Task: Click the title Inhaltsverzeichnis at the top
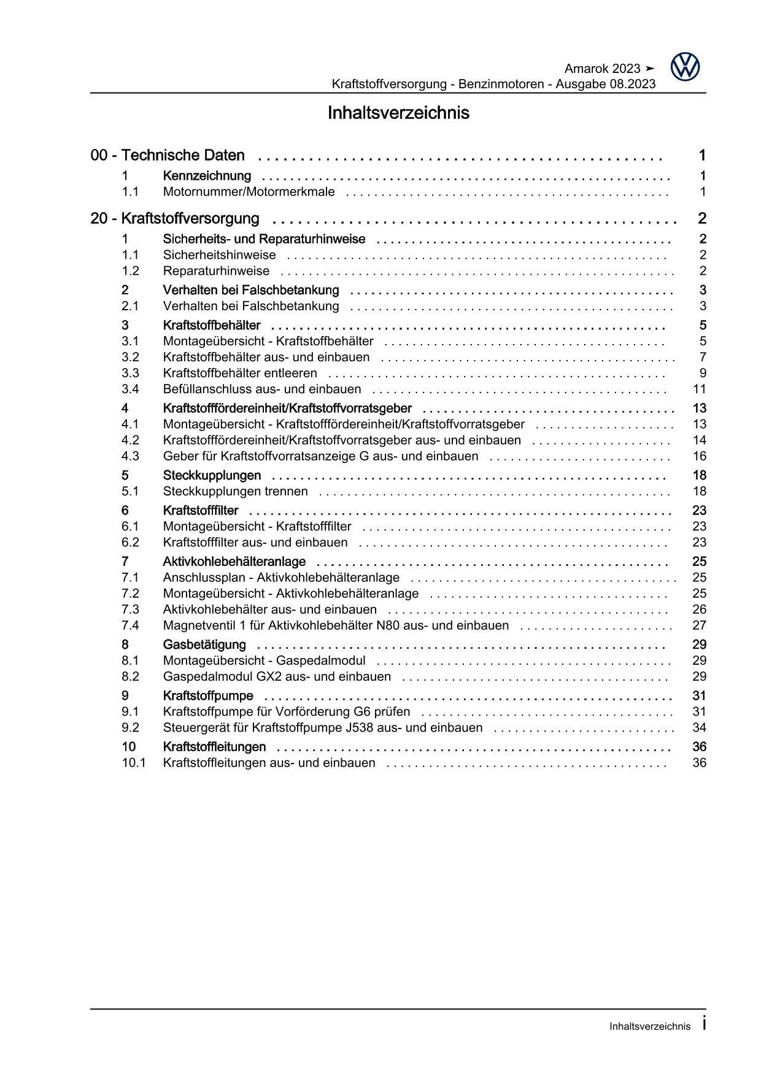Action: pos(398,113)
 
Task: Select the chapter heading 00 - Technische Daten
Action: pos(168,156)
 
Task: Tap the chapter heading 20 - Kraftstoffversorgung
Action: pos(175,219)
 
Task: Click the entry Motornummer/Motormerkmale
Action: pos(249,192)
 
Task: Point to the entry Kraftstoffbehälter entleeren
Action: pos(240,373)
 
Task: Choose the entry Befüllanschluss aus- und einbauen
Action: pos(262,389)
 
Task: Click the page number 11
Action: pos(699,389)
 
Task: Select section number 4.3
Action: pos(130,456)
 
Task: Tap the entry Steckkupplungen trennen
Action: pos(235,491)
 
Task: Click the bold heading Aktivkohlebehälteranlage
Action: pos(234,562)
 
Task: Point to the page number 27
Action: pos(699,625)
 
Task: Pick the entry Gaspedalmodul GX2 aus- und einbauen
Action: pos(277,677)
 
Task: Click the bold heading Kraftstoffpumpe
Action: pos(207,696)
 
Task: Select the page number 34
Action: pos(699,728)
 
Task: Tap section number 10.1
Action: pos(133,763)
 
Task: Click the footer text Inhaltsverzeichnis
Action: pos(650,1027)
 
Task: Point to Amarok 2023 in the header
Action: pos(601,69)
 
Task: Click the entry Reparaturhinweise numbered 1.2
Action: pos(216,271)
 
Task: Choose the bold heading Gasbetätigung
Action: pos(204,645)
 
